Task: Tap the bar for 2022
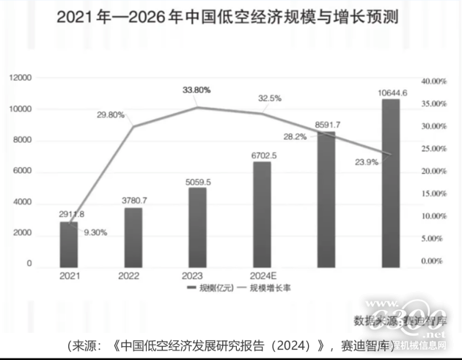click(x=133, y=235)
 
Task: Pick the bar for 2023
click(x=197, y=225)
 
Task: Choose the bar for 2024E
click(x=262, y=213)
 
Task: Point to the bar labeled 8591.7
click(x=326, y=198)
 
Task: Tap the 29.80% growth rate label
click(x=111, y=115)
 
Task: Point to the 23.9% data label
click(x=365, y=162)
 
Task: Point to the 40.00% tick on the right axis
click(x=433, y=81)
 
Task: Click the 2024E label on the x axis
click(x=262, y=276)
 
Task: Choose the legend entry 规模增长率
click(x=268, y=288)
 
